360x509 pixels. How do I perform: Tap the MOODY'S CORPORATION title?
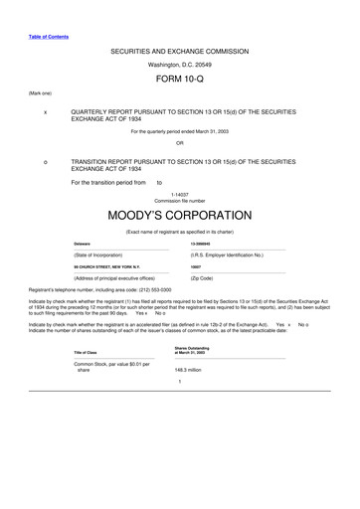pos(179,215)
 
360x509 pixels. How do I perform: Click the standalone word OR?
pos(179,141)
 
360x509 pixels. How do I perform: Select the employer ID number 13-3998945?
pos(205,244)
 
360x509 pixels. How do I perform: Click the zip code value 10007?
pos(196,267)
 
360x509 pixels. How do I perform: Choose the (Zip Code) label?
pos(208,278)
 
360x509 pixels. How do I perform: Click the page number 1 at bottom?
pos(179,383)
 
